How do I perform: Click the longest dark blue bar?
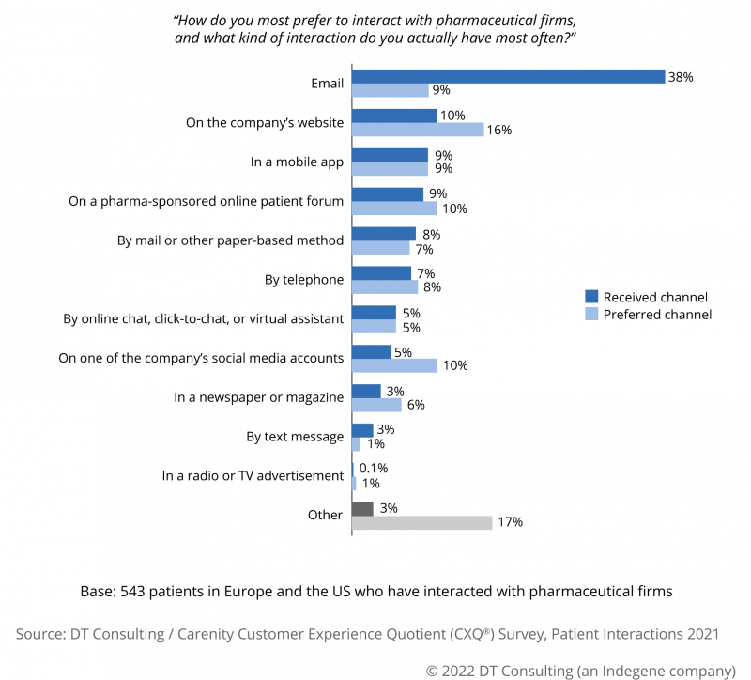[x=508, y=77]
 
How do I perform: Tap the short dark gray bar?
[x=362, y=509]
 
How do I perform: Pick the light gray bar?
[x=421, y=523]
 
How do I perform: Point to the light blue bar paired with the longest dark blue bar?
[x=390, y=91]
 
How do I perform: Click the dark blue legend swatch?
[x=591, y=297]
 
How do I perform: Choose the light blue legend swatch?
[x=591, y=314]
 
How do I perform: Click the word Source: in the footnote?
[x=38, y=635]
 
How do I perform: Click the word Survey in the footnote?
[x=523, y=635]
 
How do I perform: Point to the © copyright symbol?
[x=433, y=672]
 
